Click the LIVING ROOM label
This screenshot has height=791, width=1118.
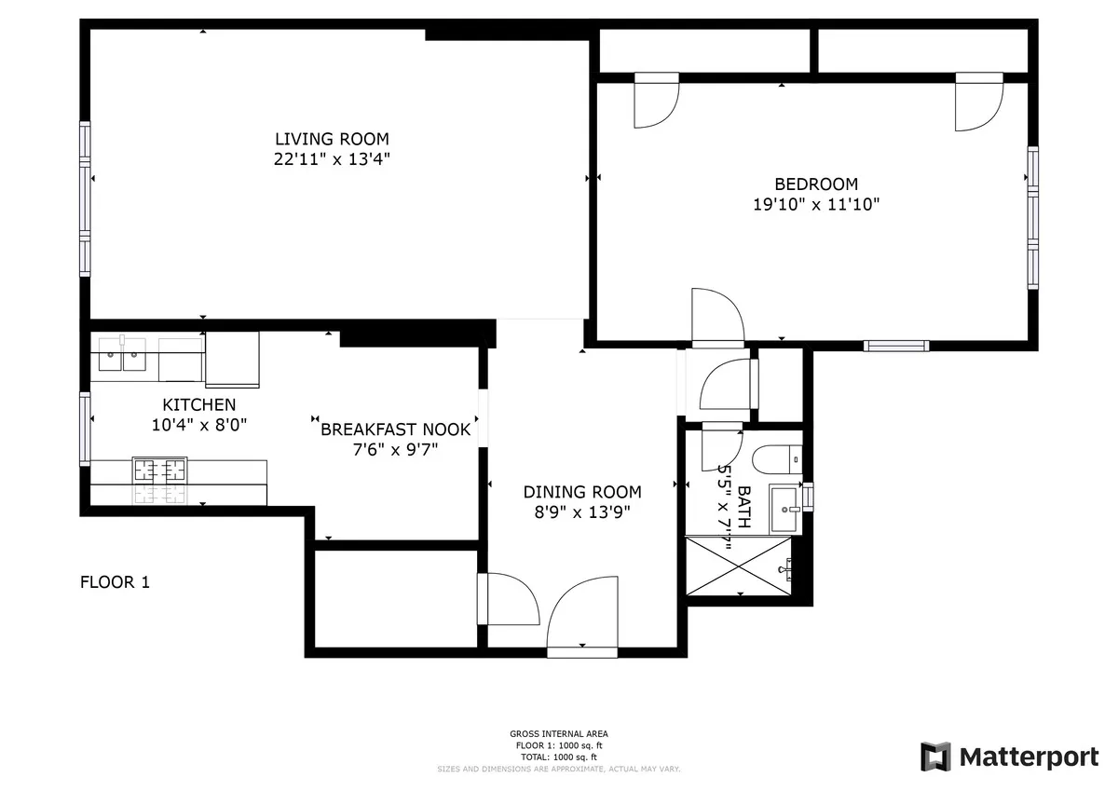[x=332, y=139]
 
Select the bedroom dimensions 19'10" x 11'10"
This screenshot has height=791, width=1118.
[x=816, y=204]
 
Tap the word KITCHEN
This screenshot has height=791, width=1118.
[x=198, y=405]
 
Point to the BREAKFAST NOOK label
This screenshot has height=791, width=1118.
[x=396, y=430]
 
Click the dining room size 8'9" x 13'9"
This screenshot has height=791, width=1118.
[x=582, y=511]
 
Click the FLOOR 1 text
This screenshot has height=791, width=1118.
[x=115, y=583]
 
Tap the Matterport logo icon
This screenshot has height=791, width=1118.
[x=935, y=757]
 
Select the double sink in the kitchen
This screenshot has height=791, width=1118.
[x=124, y=355]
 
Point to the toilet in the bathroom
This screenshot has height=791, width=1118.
[x=775, y=458]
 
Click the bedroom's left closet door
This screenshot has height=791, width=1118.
[x=656, y=100]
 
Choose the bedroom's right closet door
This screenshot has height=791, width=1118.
[x=977, y=100]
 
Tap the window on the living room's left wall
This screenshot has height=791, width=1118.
[x=85, y=199]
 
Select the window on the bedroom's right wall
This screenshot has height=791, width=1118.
[x=1032, y=216]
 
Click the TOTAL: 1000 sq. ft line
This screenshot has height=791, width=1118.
[x=559, y=757]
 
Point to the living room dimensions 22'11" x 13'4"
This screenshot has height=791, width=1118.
[x=332, y=159]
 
